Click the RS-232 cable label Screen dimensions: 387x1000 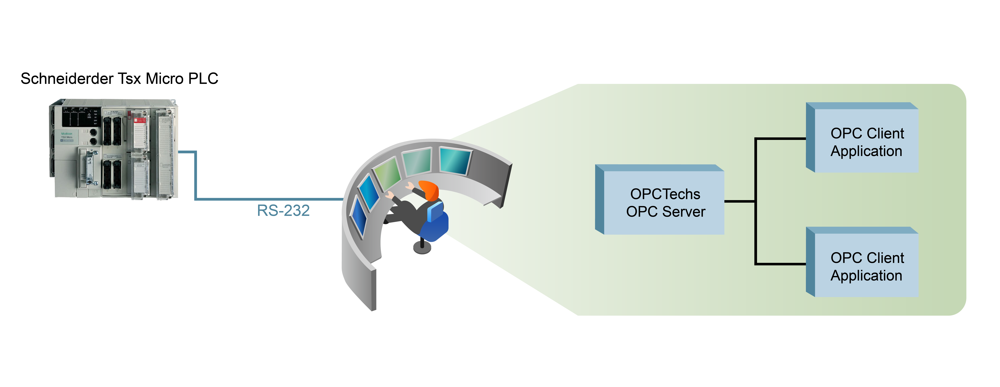[283, 210]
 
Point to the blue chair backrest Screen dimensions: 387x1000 [436, 211]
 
